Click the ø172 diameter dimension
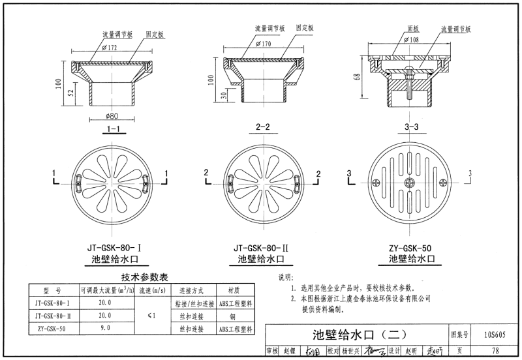click(110, 48)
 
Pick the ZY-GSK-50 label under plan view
click(410, 248)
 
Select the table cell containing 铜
click(234, 316)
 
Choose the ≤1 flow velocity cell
click(151, 316)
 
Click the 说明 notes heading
click(286, 277)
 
